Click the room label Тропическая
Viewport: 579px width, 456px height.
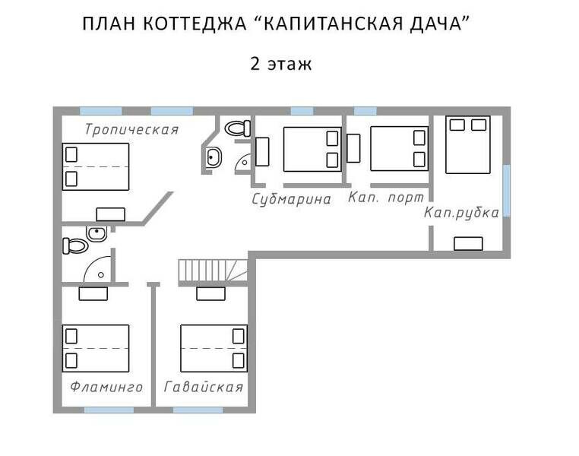coord(131,130)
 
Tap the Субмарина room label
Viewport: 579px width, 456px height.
coord(291,199)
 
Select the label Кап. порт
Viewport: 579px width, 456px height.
coord(386,197)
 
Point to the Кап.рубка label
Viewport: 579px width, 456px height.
coord(461,213)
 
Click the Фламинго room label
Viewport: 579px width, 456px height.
coord(106,387)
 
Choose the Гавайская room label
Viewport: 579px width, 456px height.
coord(204,387)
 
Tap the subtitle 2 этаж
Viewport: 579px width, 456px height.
coord(281,64)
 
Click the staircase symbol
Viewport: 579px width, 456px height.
coord(213,271)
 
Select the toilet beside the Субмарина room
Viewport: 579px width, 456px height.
coord(237,128)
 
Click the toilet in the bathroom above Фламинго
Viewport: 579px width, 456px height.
coord(75,246)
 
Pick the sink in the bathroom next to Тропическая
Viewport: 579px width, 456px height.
coord(214,157)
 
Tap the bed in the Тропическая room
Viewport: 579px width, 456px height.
coord(96,167)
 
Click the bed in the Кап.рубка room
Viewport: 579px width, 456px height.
coord(468,144)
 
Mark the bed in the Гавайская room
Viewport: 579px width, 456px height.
coord(214,349)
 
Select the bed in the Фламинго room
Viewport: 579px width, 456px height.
coord(96,349)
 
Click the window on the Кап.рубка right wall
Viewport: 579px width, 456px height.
coord(507,191)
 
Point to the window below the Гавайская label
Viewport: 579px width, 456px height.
coord(198,410)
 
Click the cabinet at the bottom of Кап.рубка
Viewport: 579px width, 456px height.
coord(468,244)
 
